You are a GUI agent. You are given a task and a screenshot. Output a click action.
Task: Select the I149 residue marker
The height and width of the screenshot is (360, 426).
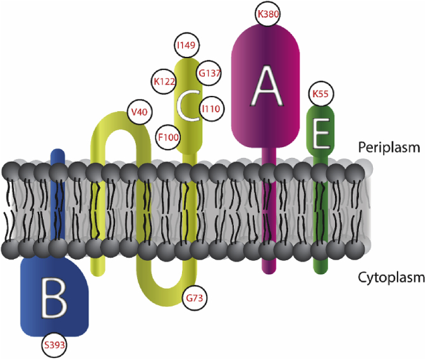tap(186, 45)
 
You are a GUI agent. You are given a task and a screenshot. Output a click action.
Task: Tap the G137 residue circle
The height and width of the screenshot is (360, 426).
tap(209, 73)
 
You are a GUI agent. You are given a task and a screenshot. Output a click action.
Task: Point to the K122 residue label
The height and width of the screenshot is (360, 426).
tap(164, 81)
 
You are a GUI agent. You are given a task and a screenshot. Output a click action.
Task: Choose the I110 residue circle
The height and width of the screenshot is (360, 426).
tap(210, 109)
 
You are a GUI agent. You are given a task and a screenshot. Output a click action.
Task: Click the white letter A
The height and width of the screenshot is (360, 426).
tap(265, 87)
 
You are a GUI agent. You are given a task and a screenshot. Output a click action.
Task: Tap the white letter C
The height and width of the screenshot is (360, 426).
tap(187, 106)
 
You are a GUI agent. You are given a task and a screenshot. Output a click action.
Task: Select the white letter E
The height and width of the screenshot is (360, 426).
tap(320, 134)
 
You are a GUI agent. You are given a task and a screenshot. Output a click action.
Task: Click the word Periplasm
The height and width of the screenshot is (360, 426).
tap(389, 147)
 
